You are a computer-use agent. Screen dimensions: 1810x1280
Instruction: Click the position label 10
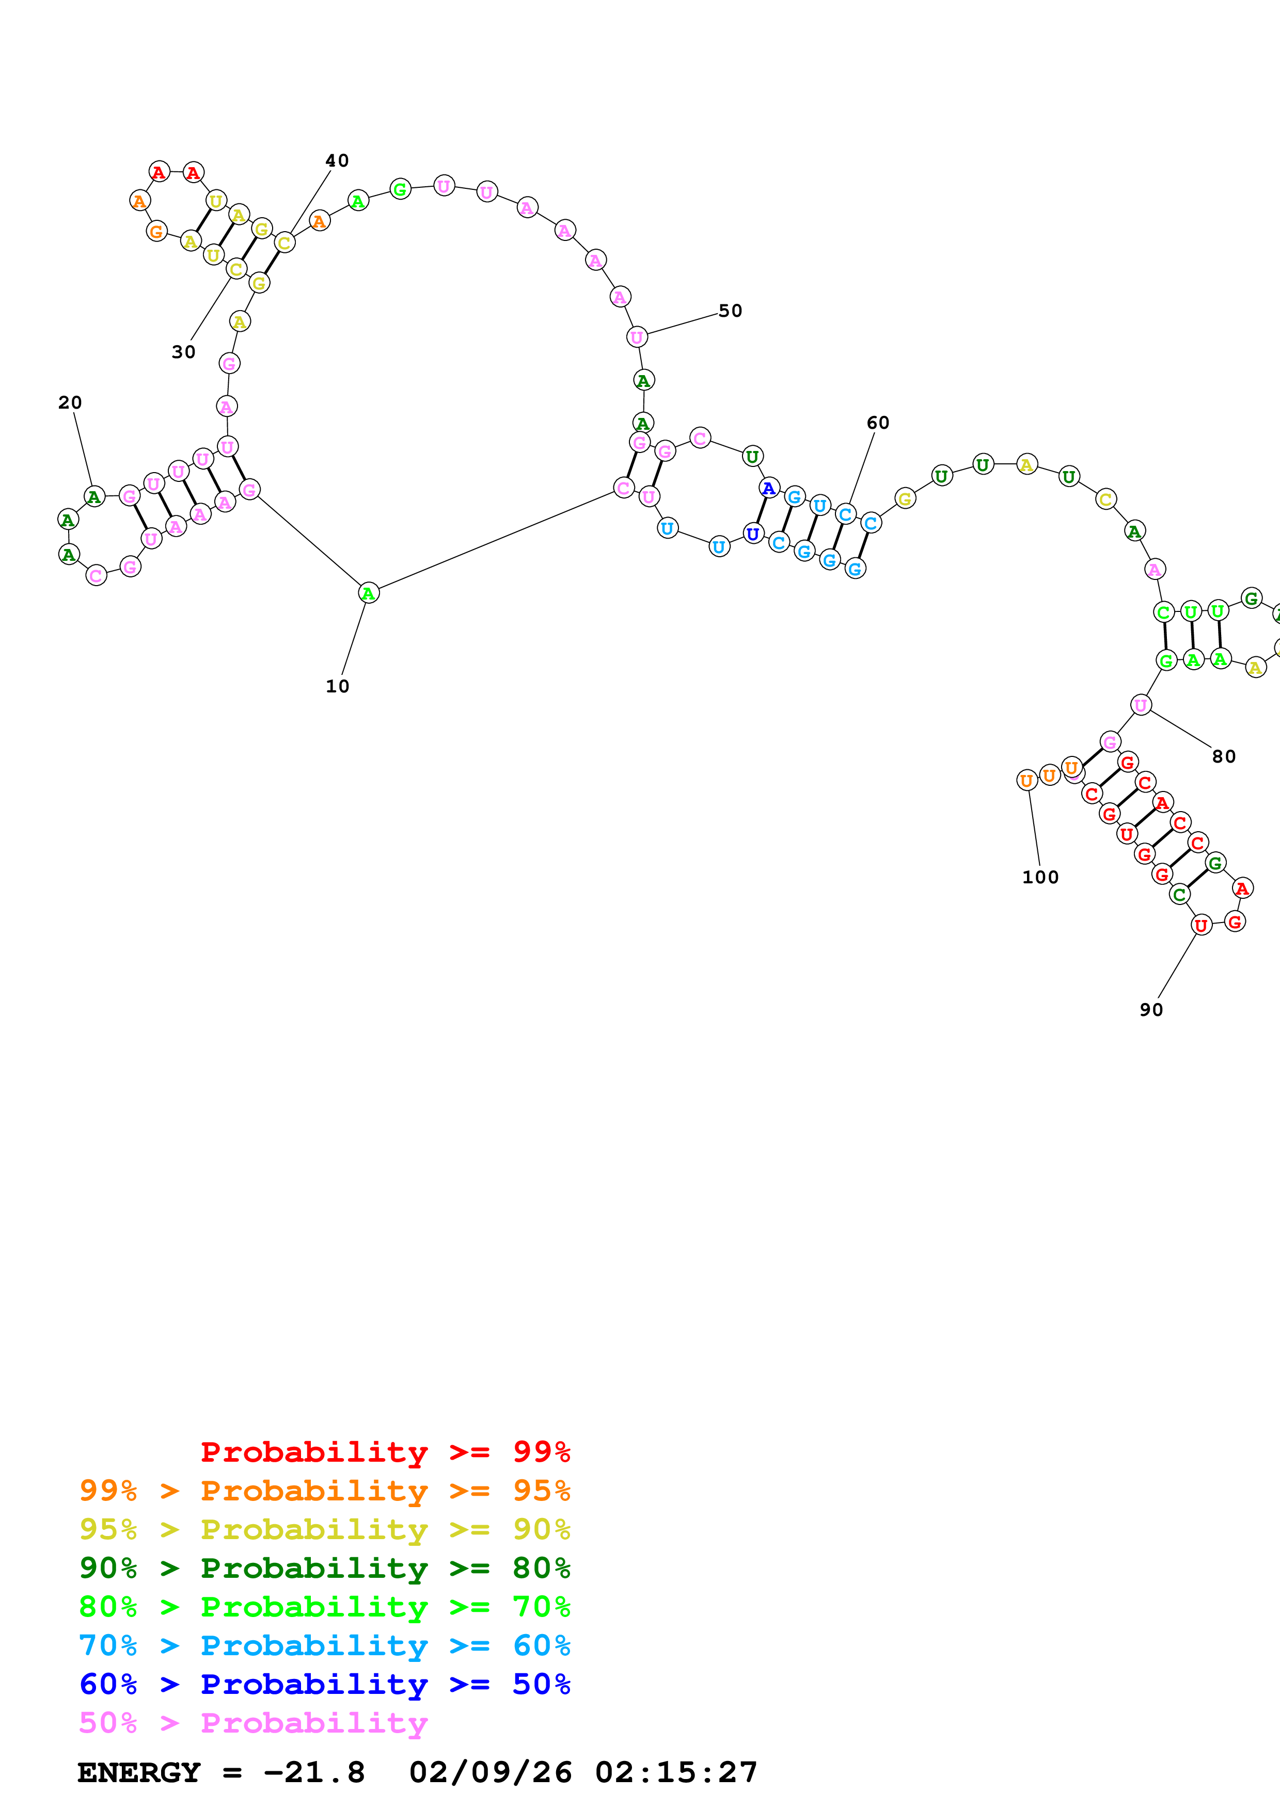point(338,687)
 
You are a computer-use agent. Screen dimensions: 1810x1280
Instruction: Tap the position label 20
point(70,403)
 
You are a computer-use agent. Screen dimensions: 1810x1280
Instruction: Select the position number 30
point(184,352)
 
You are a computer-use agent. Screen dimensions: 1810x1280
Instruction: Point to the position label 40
point(338,161)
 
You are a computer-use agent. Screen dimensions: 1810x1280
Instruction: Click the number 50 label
point(730,312)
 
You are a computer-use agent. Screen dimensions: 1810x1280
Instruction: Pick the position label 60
point(878,423)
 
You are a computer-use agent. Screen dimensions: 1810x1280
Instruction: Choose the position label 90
point(1151,1010)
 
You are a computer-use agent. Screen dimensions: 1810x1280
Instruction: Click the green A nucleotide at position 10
point(368,593)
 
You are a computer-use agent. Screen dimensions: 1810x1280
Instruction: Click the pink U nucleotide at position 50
point(637,337)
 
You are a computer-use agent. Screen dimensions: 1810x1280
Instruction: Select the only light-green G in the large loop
point(401,190)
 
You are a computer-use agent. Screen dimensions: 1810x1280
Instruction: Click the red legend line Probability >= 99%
point(386,1452)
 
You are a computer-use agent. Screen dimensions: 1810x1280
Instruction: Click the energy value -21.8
point(314,1773)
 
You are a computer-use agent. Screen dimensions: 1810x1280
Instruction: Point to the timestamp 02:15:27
point(676,1773)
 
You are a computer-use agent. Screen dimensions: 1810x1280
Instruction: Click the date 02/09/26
point(491,1773)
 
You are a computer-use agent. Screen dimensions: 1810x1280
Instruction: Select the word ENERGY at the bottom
point(139,1773)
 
